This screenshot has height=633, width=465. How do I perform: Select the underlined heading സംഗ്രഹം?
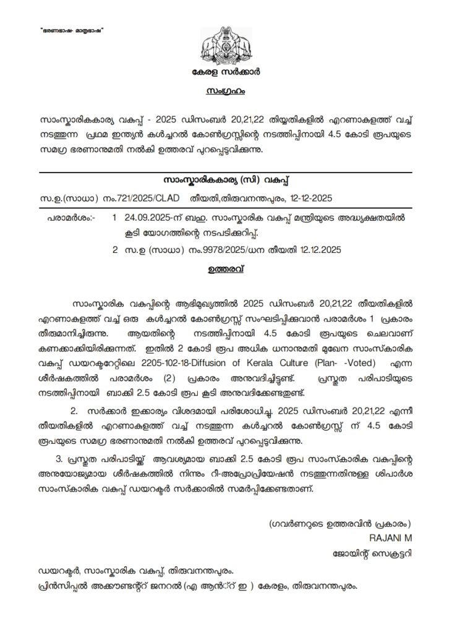coord(232,91)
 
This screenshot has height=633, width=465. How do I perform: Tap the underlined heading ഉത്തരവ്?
coord(232,269)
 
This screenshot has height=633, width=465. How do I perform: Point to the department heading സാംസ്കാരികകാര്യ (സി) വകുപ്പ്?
coord(232,180)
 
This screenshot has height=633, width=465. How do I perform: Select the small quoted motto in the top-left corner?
coord(69,31)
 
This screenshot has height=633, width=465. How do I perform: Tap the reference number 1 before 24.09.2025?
coord(114,219)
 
